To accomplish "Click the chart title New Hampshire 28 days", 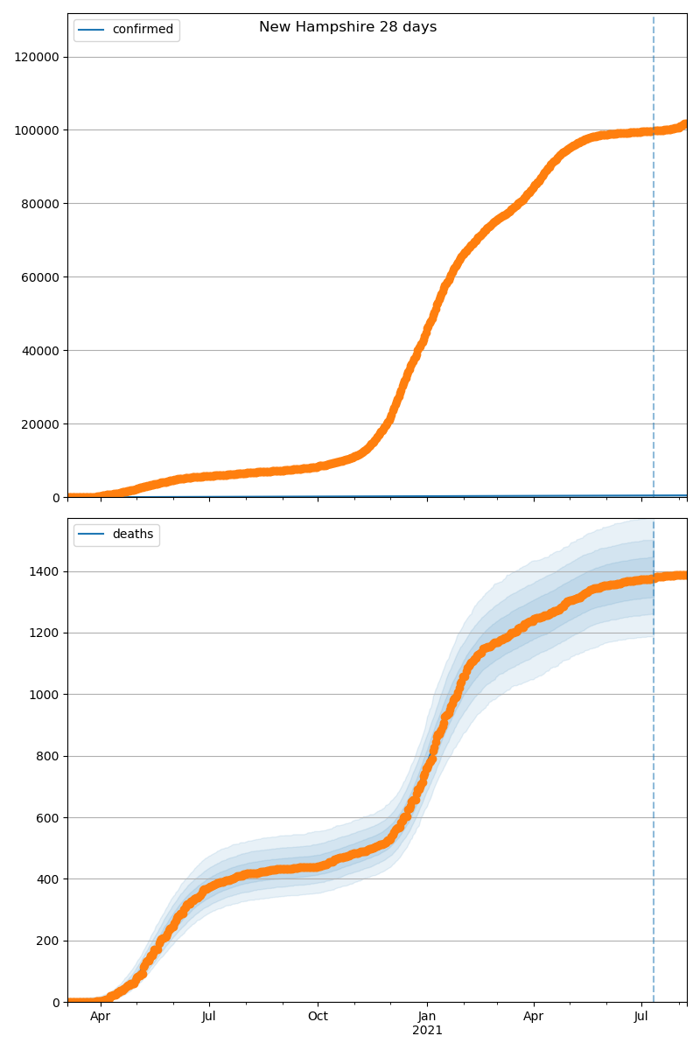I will click(347, 27).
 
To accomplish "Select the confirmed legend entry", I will click(143, 30).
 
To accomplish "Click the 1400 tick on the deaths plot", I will click(45, 571).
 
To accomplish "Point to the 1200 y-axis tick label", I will click(45, 633).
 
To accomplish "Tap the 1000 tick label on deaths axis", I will click(45, 695).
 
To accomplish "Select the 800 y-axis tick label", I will click(48, 756).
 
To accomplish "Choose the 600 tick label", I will click(48, 818).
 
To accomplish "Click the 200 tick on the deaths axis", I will click(48, 941).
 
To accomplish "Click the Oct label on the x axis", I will click(318, 1017).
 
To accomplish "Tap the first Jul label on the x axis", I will click(209, 1017).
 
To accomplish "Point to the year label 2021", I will click(427, 1031).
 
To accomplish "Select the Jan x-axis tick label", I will click(427, 1017).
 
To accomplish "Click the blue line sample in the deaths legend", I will click(92, 535).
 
